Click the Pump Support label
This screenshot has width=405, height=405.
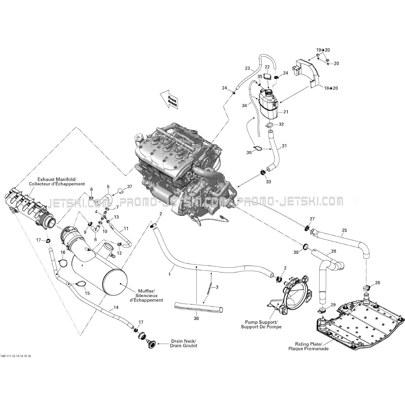[261, 324]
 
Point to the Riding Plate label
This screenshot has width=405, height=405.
[308, 346]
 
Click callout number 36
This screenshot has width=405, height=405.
[196, 318]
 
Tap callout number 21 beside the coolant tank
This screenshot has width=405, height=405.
[286, 112]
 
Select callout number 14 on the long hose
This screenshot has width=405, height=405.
[116, 307]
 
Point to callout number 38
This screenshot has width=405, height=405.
[249, 152]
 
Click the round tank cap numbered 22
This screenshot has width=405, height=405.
[267, 76]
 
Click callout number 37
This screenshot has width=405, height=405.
[129, 187]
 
